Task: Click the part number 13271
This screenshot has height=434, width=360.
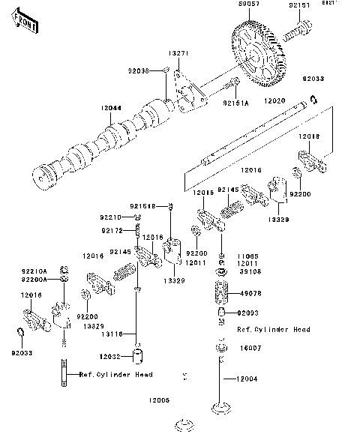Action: click(x=177, y=54)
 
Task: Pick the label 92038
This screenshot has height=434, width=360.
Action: click(x=137, y=71)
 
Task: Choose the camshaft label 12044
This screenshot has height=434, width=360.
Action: click(x=112, y=109)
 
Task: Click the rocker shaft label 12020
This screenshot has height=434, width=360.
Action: click(x=275, y=98)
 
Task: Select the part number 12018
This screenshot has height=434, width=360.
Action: click(x=310, y=136)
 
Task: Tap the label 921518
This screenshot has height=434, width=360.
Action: click(x=140, y=205)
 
